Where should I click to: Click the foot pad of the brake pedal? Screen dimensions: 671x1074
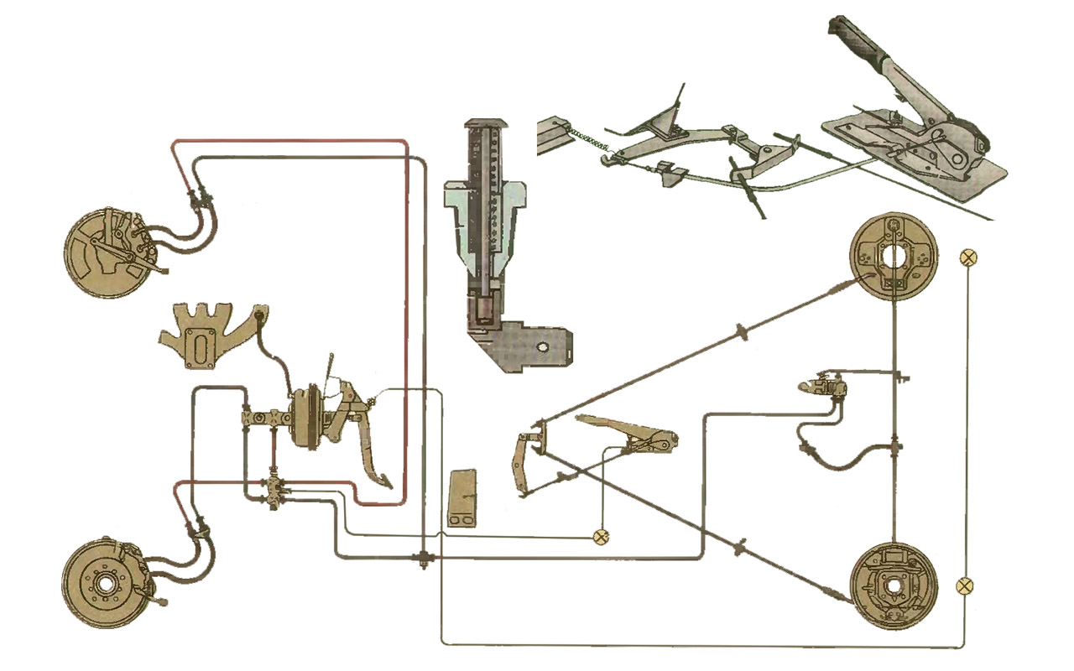coord(383,481)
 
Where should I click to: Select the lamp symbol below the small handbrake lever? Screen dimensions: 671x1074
coord(601,537)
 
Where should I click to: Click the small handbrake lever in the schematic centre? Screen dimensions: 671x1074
coord(629,433)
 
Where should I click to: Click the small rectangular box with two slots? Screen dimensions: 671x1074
coord(462,500)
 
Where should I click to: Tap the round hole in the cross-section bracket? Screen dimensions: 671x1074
coord(543,346)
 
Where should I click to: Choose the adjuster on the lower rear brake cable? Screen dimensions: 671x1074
coord(740,549)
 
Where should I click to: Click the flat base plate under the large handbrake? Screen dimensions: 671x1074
coord(915,159)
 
